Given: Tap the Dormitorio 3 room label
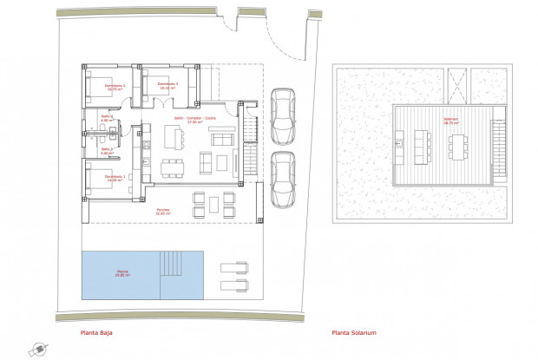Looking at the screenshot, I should [167, 86].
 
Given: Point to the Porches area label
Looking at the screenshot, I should [163, 211].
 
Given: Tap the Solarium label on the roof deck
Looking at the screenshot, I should [449, 122].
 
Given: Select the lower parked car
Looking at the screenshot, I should [282, 179].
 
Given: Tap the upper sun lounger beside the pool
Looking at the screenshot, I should [235, 268].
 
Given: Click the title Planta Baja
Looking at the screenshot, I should [95, 331].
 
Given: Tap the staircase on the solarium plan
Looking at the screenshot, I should [498, 144].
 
